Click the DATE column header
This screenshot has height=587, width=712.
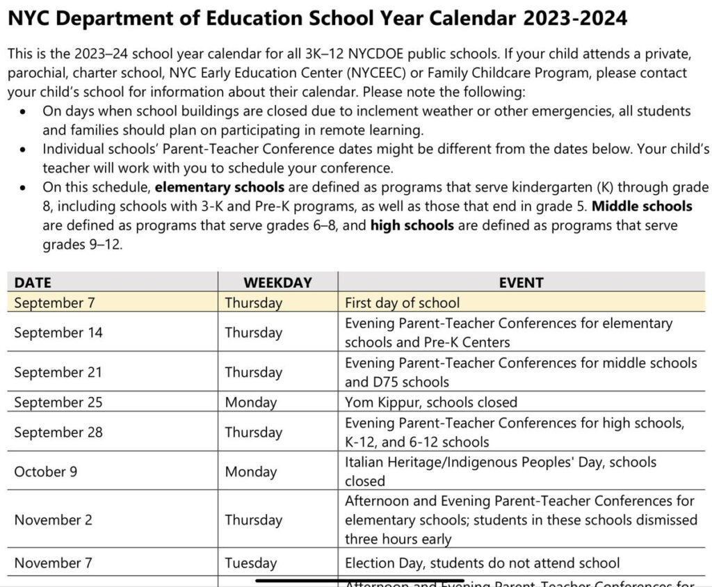click(x=33, y=282)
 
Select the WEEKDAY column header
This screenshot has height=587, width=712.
click(x=277, y=282)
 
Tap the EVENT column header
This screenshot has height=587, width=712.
click(x=521, y=282)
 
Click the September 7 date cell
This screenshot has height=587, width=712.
click(x=54, y=303)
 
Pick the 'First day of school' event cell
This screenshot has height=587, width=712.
click(x=402, y=303)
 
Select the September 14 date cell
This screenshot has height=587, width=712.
click(x=58, y=332)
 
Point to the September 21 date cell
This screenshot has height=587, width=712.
click(x=58, y=372)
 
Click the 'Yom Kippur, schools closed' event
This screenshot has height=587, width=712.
click(x=431, y=402)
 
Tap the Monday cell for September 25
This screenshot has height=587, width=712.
click(x=250, y=402)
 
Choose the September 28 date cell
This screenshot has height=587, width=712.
click(x=58, y=432)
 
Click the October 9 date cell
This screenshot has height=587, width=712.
click(x=46, y=472)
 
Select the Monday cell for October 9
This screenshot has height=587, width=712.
click(x=250, y=472)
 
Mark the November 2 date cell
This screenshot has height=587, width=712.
click(x=53, y=520)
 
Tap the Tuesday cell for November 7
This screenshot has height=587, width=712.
click(x=250, y=563)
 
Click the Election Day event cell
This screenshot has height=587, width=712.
click(x=482, y=563)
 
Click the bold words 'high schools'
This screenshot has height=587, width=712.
click(x=412, y=225)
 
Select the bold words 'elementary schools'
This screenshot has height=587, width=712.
click(x=219, y=187)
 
